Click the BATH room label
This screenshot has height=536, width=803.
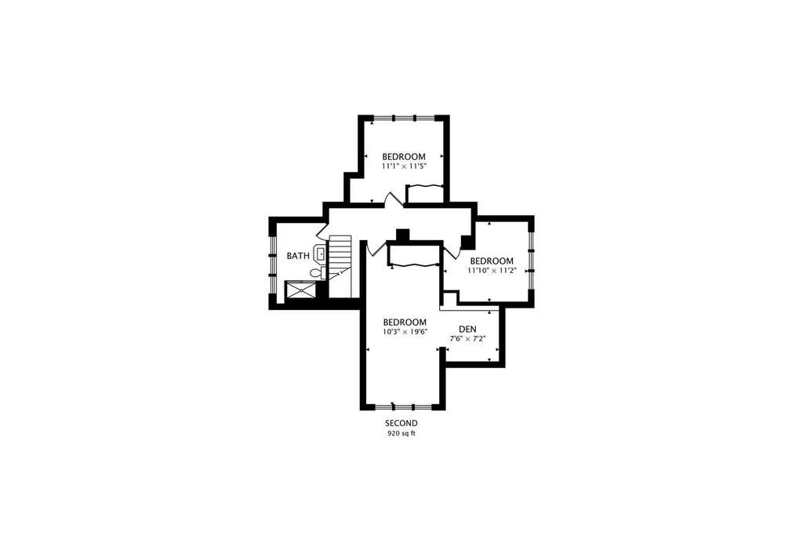tap(297, 256)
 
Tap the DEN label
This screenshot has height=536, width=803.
tap(467, 329)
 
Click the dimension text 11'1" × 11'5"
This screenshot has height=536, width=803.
tap(404, 166)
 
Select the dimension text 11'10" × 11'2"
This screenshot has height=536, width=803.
tap(492, 271)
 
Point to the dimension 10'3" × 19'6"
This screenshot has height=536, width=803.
tap(405, 331)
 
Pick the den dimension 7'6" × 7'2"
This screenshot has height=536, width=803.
tap(467, 339)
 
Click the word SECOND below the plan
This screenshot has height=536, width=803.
tap(401, 423)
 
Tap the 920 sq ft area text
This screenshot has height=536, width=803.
tap(401, 433)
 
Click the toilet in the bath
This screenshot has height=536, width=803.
tap(318, 272)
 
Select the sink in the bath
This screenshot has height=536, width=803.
tap(320, 253)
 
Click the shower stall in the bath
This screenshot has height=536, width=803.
tap(300, 291)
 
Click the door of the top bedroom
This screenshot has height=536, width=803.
tap(395, 200)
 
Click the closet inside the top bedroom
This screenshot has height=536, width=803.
tap(424, 194)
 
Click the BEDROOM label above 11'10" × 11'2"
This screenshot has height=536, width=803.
tap(492, 261)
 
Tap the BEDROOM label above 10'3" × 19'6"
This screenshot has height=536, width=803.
tap(405, 322)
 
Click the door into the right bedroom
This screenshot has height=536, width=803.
tap(452, 251)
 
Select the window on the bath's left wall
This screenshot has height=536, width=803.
tap(273, 256)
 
